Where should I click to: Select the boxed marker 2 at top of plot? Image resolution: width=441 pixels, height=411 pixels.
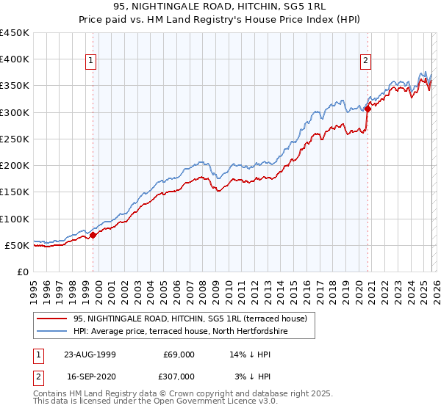365,62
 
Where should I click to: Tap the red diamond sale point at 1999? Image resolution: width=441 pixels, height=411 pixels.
93,236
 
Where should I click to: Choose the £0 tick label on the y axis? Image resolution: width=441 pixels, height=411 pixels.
24,272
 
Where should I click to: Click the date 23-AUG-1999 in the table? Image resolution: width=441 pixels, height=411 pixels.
90,354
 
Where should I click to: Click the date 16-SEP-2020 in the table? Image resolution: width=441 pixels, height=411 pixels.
90,376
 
